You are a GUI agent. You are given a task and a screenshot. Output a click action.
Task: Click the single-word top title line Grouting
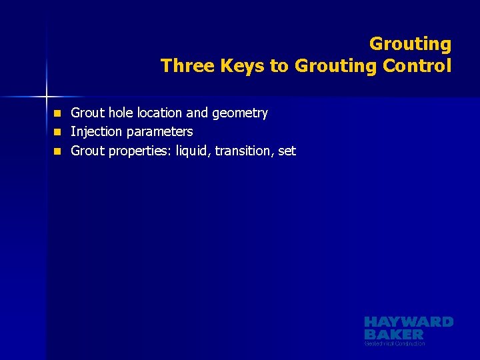pos(410,45)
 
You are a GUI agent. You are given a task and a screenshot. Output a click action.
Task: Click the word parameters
pos(159,132)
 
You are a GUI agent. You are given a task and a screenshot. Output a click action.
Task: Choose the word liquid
pos(193,151)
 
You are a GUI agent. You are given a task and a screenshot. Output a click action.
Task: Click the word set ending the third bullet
pos(287,151)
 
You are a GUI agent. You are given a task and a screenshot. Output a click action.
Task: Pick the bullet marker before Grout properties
pos(58,151)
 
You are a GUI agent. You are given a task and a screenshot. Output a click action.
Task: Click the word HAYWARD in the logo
pos(409,322)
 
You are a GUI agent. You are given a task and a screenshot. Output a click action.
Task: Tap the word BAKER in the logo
pos(394,334)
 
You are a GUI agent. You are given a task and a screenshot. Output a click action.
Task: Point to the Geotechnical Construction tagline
pos(395,343)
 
